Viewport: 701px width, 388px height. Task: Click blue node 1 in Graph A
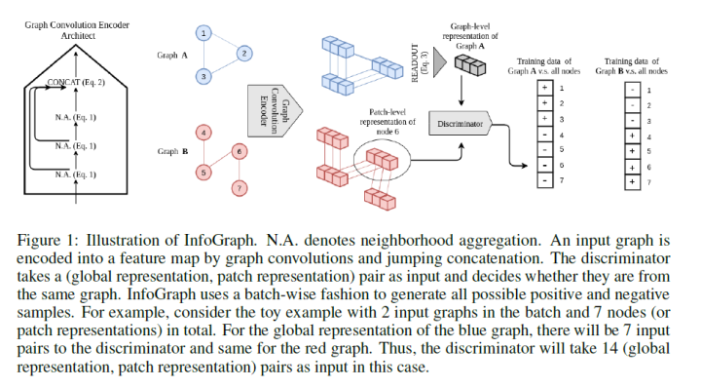pos(203,33)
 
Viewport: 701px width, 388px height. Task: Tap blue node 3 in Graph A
pos(203,75)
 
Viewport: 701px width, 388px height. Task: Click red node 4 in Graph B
pos(203,131)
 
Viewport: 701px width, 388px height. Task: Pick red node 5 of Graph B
pos(203,173)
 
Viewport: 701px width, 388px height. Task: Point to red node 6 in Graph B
pos(239,151)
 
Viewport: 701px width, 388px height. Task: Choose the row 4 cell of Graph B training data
pos(634,135)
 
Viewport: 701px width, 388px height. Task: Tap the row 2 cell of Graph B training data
pos(634,103)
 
